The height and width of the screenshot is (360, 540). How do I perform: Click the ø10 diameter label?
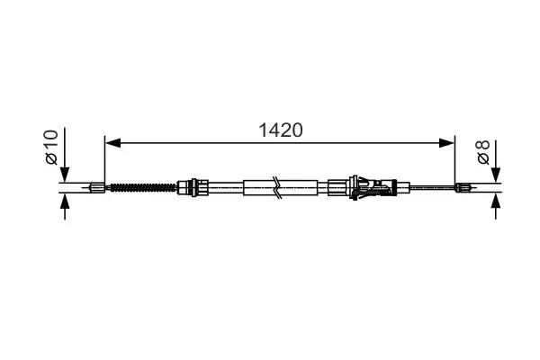[x=51, y=145]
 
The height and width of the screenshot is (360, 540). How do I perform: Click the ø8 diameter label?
[x=483, y=152]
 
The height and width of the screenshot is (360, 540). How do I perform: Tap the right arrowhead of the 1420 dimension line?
[x=448, y=141]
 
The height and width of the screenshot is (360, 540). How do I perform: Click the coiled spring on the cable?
[x=141, y=188]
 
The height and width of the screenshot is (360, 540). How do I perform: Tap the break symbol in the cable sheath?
[x=280, y=188]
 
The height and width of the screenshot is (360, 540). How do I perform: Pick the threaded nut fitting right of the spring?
[x=189, y=188]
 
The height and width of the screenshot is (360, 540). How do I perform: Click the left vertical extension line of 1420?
[x=105, y=162]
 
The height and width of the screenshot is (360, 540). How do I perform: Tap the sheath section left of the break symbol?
[x=259, y=188]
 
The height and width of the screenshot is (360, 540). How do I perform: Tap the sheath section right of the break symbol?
[x=300, y=188]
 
